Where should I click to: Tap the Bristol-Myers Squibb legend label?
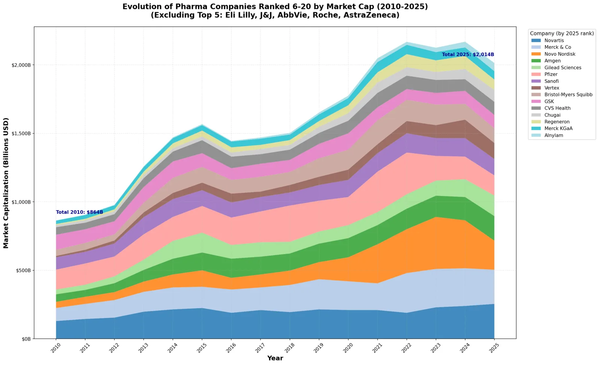point(568,95)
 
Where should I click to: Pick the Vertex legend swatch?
point(536,88)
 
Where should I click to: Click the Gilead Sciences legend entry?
point(556,68)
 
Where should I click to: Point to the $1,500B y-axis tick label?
point(21,134)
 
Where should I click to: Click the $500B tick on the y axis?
point(23,270)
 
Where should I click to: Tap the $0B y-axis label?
point(26,339)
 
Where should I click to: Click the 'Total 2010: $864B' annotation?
point(79,212)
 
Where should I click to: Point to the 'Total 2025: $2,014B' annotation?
point(468,55)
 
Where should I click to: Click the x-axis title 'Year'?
point(275,358)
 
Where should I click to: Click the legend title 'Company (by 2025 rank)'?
point(562,33)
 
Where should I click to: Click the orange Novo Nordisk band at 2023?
point(436,243)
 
